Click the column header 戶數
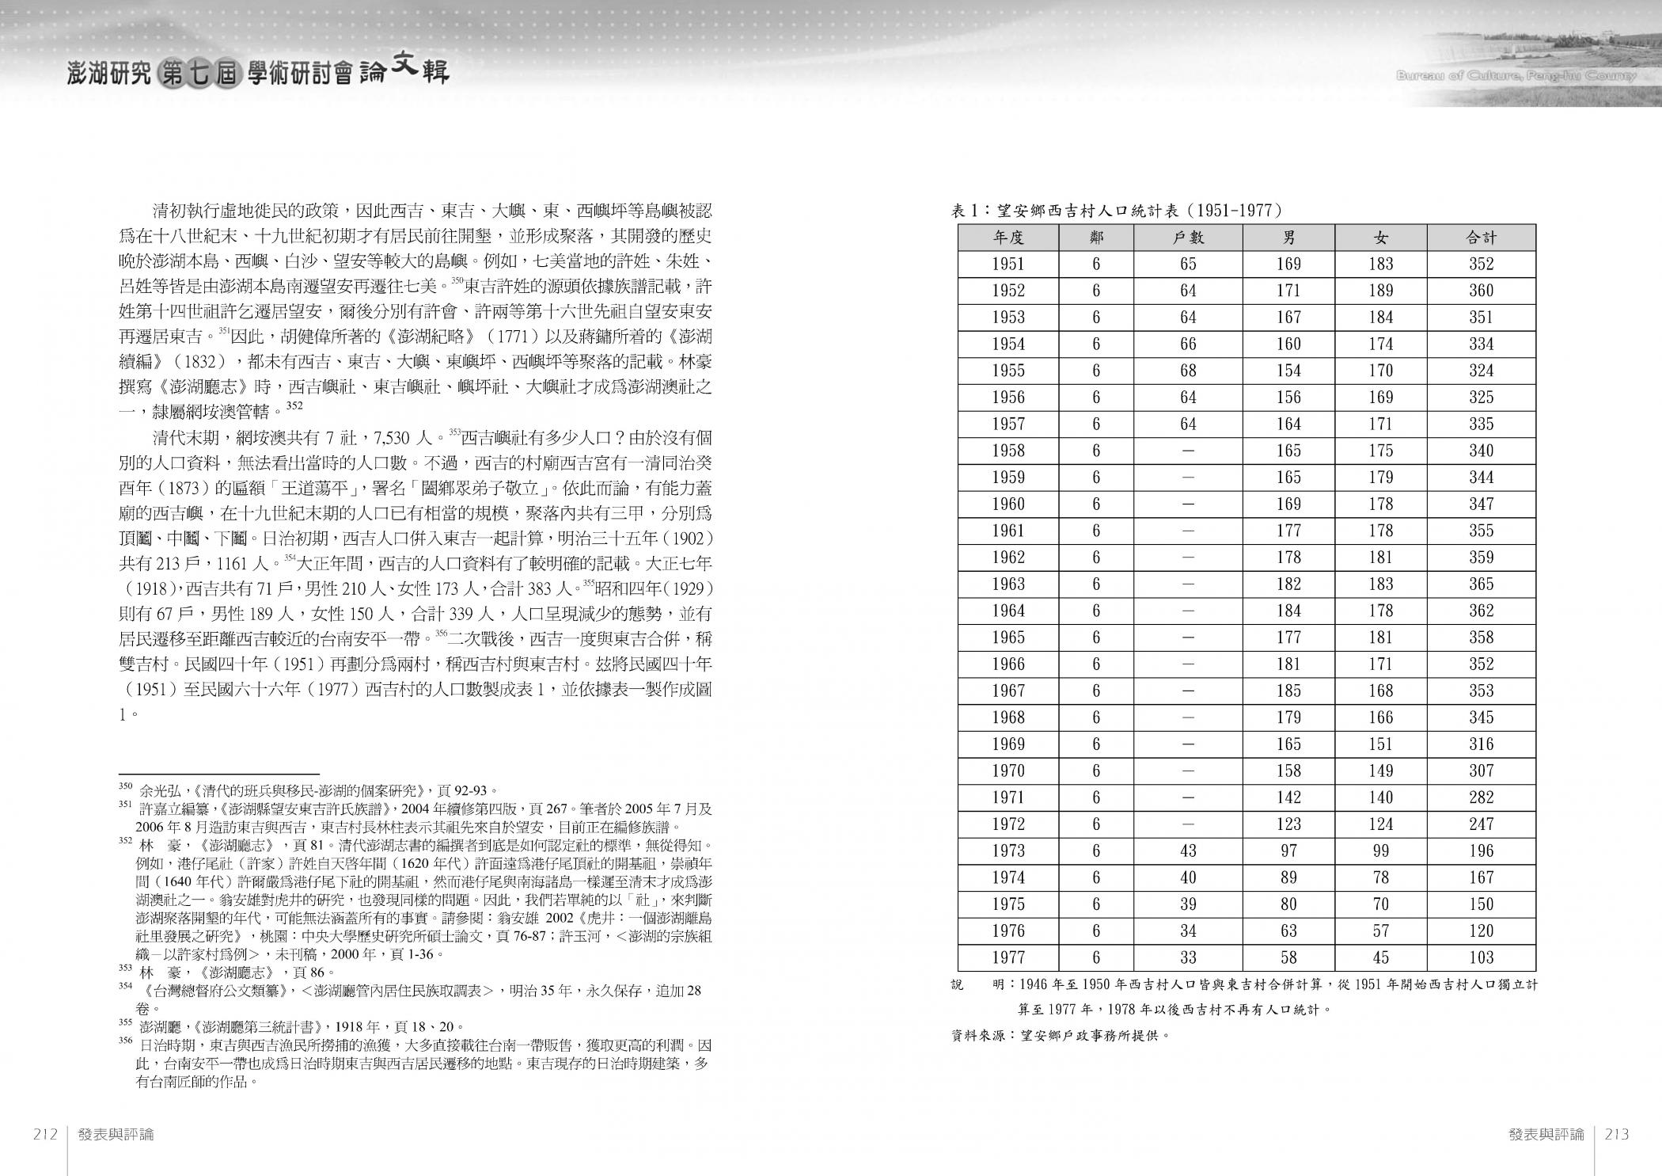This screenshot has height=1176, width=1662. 1187,238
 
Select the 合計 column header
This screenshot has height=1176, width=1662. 1481,238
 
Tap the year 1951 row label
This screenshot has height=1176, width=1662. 1007,265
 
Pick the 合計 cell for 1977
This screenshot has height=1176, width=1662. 1481,957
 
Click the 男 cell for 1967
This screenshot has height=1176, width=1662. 1288,691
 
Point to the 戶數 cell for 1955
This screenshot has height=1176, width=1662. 1187,371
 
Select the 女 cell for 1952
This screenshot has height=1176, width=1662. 1380,291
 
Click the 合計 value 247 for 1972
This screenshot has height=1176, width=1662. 1481,824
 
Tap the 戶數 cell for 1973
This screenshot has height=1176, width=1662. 1187,851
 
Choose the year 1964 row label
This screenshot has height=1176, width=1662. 1007,611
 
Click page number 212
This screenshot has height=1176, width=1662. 46,1134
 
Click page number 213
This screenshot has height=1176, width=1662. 1616,1134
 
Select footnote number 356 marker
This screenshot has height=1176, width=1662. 125,1041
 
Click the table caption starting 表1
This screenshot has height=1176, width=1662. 1116,211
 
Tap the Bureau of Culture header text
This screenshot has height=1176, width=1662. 1516,77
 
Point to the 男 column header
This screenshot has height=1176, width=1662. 1288,238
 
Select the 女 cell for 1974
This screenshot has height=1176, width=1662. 1380,877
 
